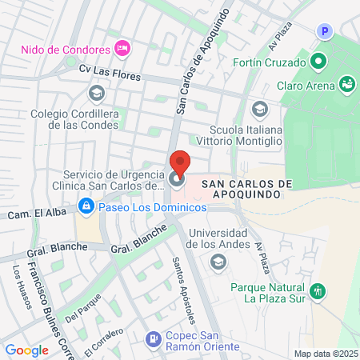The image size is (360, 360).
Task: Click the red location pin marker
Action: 179,164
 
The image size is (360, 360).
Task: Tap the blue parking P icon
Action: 324,31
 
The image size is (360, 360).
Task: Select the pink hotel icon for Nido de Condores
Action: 122,48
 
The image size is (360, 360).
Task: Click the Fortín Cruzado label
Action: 270,62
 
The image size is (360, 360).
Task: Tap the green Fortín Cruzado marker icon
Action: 318,61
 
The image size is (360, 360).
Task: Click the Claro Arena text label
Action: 305,83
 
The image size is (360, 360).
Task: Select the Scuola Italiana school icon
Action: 258,109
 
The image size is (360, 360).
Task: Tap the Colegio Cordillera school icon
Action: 96,94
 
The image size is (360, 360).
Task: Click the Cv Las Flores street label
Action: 109,72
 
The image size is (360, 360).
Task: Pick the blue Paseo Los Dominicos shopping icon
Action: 86,206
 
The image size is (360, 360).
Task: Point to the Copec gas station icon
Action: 150,340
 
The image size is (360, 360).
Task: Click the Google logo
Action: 26,350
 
